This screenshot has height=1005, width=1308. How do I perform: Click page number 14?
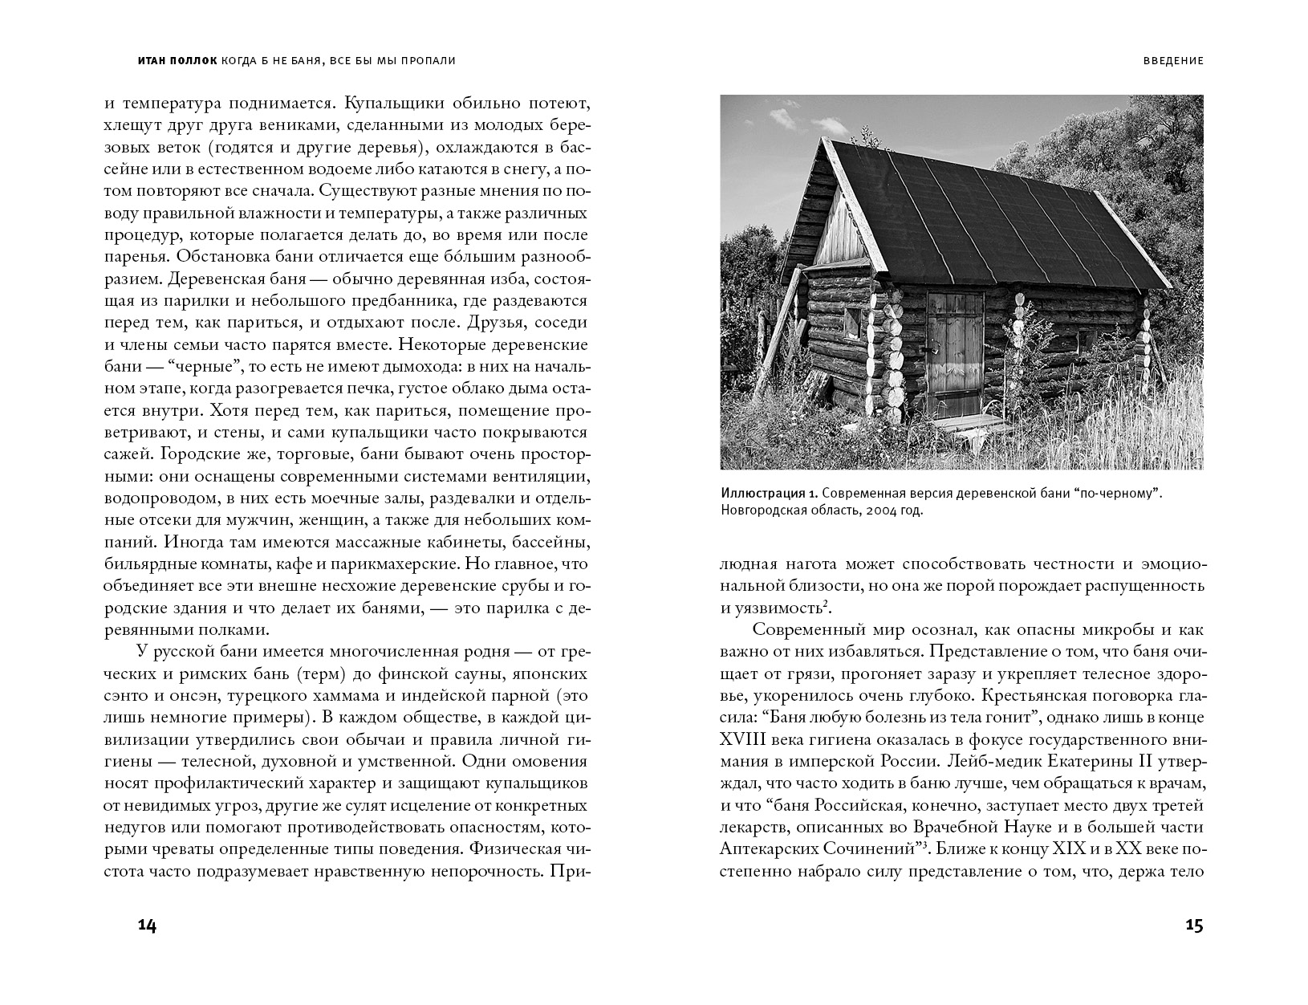147,926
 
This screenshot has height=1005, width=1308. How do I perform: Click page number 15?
1194,926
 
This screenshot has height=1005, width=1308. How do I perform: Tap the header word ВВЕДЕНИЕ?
1172,61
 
